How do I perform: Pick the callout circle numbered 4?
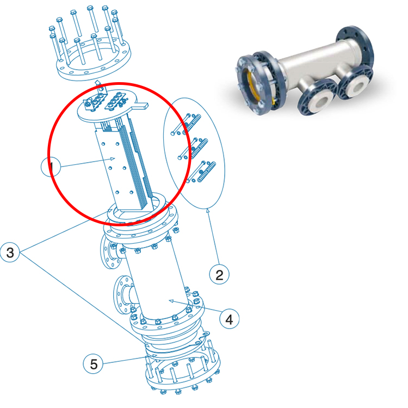(229, 319)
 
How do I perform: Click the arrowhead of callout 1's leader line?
(113, 158)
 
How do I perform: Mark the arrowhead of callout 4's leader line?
(170, 300)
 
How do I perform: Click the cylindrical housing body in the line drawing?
(158, 283)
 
